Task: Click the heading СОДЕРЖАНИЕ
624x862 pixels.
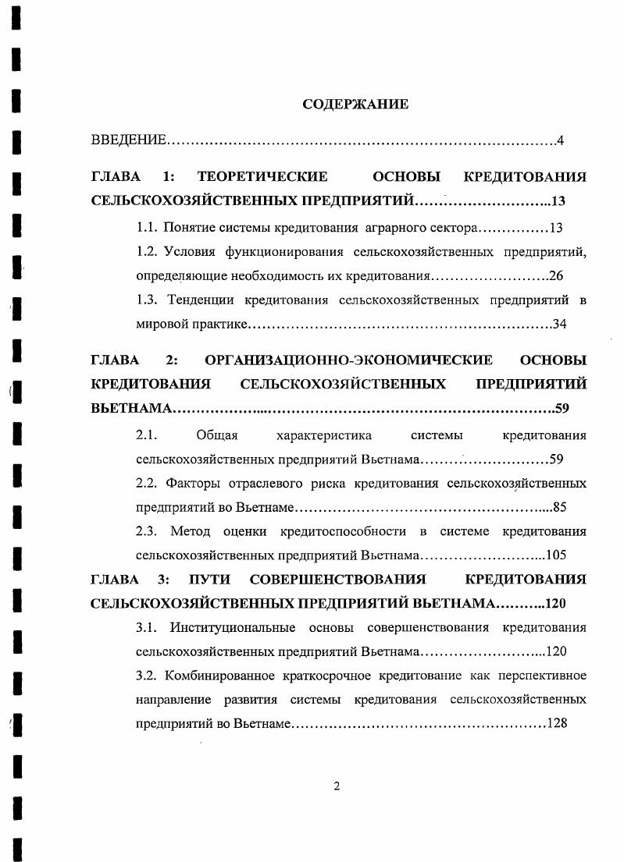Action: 355,104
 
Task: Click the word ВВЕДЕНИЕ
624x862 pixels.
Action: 128,140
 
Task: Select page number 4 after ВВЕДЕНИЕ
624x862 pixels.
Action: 561,140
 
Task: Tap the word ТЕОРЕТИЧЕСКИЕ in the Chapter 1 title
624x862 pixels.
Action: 262,177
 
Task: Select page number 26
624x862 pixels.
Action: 556,275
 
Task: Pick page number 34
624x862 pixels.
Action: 558,324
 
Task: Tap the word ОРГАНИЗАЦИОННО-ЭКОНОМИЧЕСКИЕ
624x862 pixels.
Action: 348,360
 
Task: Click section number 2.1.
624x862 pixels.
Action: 147,435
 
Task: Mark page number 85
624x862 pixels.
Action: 558,508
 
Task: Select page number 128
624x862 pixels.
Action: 556,722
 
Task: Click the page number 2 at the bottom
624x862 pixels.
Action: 337,786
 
